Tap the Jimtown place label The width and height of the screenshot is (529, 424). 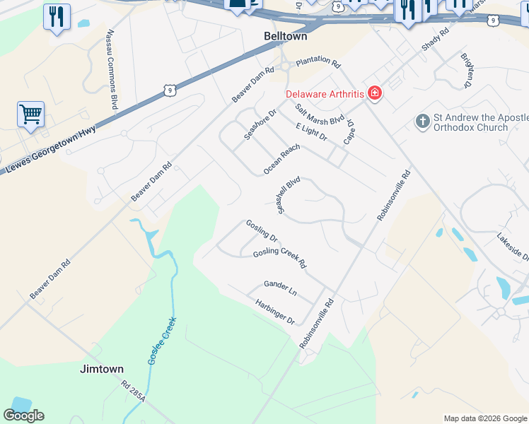[102, 369]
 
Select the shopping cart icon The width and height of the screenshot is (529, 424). [30, 113]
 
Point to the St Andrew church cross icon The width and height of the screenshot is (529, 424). [423, 122]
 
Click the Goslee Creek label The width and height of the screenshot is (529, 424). [161, 341]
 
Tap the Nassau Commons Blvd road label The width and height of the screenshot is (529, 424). [111, 69]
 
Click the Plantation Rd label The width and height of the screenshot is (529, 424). [318, 62]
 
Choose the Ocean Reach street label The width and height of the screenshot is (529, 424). [281, 159]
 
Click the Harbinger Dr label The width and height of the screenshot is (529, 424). [275, 312]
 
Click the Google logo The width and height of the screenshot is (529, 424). [23, 416]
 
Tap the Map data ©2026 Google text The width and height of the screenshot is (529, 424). [485, 418]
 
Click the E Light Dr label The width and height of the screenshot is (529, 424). [312, 131]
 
